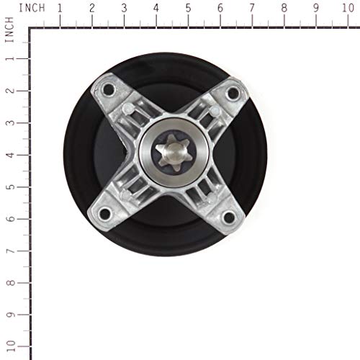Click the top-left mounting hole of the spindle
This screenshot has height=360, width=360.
point(109,90)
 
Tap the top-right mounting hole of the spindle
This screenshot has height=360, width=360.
point(233,92)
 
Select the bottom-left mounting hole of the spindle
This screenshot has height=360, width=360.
point(105,213)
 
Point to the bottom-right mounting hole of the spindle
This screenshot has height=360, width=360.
point(229,217)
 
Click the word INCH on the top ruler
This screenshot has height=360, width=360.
point(31,8)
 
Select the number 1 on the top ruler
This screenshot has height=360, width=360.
point(59,8)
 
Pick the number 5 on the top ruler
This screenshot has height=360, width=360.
point(188,8)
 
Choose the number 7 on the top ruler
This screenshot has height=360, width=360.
point(252,8)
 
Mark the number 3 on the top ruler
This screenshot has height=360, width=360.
point(124,8)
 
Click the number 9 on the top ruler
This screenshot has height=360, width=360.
point(317,8)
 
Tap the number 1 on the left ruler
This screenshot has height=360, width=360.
point(9,58)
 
